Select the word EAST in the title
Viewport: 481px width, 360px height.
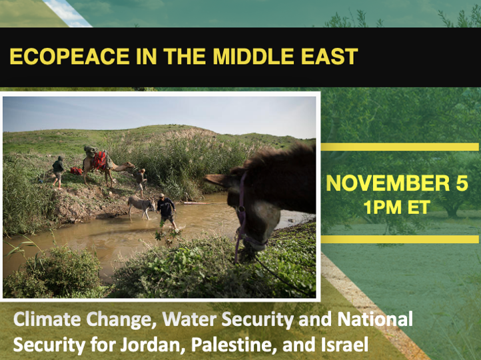coord(330,56)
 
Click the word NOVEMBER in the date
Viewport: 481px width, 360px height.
coord(388,183)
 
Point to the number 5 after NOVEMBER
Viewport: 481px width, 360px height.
coord(462,183)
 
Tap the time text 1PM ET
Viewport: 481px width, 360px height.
coord(396,207)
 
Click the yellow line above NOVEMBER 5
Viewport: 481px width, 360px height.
coord(400,147)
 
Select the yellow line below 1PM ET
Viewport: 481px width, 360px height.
coord(400,239)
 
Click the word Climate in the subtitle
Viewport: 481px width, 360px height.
coord(47,319)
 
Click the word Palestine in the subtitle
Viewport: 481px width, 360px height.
coord(232,345)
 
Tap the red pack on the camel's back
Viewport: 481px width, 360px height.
coord(99,161)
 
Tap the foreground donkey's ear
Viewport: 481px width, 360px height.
coord(219,181)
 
